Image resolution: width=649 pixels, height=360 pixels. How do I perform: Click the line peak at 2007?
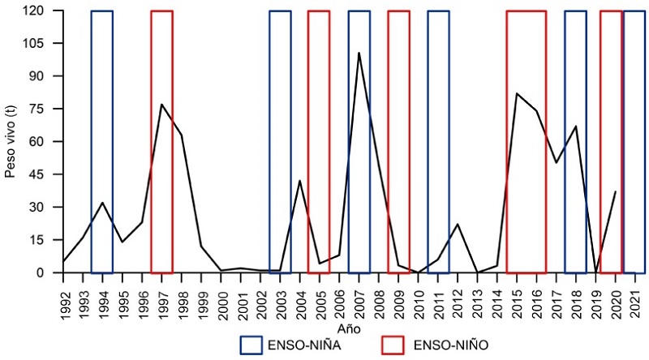359,53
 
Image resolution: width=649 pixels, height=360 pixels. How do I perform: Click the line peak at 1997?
161,104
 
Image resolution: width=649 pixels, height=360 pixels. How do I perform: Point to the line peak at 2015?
517,93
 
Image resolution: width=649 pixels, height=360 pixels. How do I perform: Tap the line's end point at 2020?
616,191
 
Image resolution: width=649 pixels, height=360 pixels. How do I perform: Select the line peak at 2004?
300,181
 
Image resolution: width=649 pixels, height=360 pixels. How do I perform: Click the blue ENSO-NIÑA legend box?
261,345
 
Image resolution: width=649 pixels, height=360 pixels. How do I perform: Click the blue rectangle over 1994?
102,142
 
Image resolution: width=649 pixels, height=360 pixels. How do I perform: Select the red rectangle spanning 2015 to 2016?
526,142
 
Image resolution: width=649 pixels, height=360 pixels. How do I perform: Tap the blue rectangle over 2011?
438,142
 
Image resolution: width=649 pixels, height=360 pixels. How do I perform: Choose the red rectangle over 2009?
398,142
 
